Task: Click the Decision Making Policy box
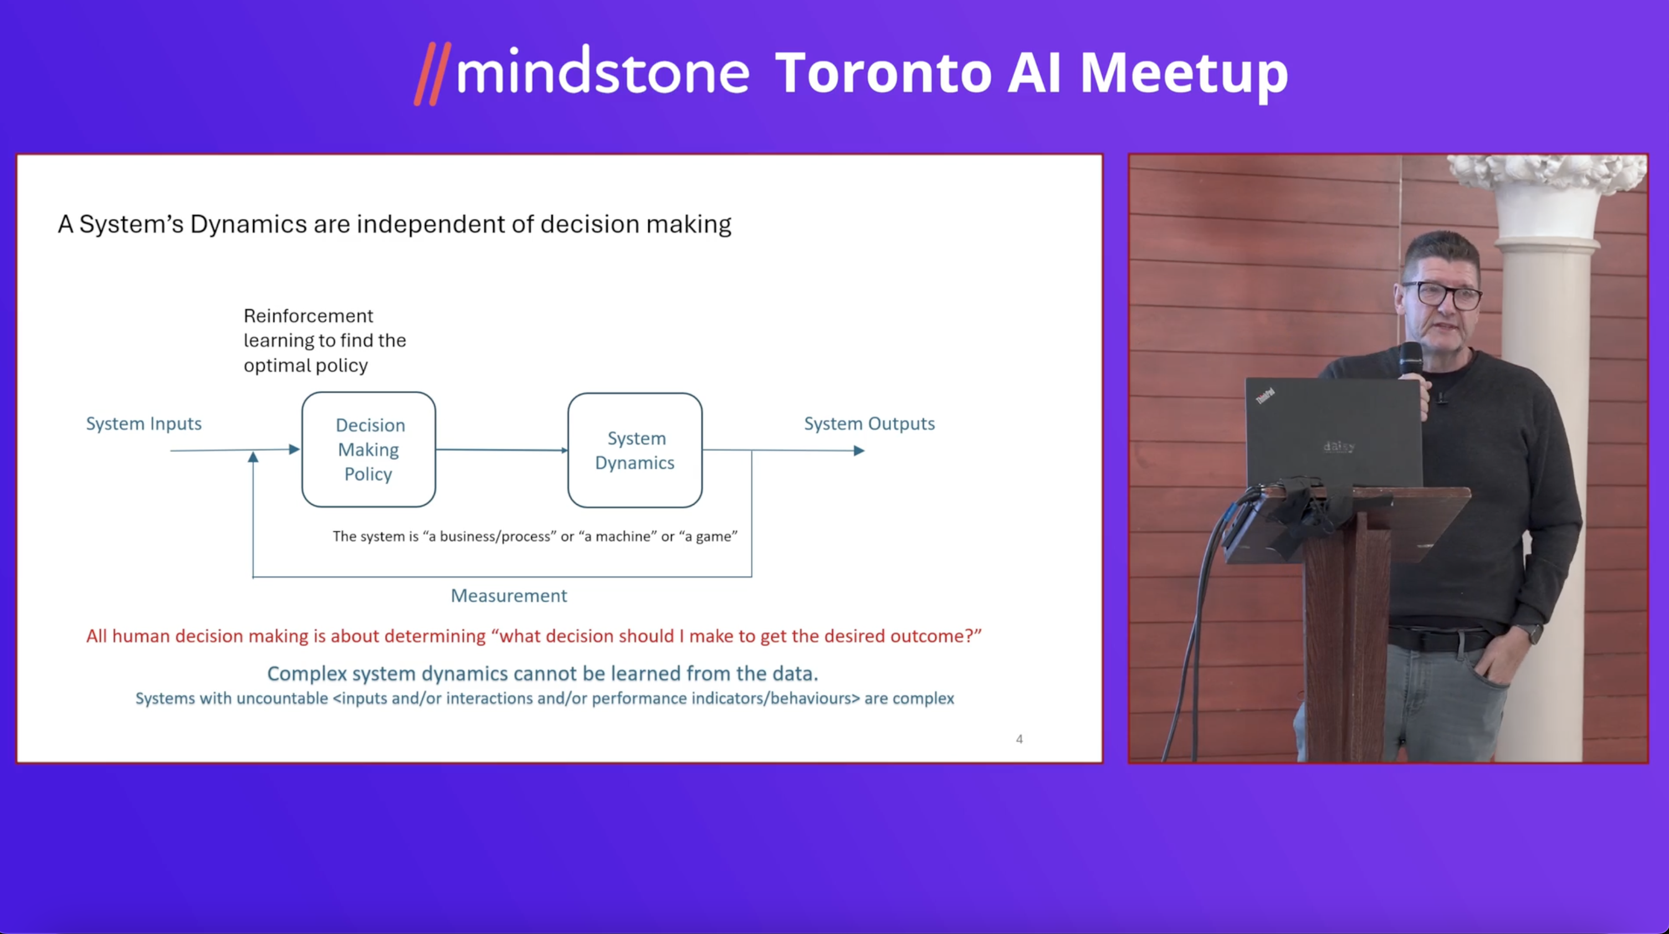[368, 449]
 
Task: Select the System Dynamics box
[635, 450]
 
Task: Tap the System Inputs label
[144, 424]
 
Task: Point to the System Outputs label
[869, 424]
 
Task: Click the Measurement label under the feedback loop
[509, 596]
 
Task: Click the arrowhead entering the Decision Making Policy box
[294, 449]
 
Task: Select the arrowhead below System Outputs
[859, 451]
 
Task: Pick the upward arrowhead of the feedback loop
[253, 457]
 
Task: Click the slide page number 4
[1019, 739]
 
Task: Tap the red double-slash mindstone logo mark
[432, 74]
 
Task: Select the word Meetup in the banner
[1184, 76]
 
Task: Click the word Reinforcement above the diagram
[309, 316]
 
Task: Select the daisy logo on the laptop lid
[1339, 447]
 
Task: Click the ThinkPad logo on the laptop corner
[1266, 395]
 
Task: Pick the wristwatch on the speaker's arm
[1533, 632]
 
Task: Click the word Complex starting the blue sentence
[307, 674]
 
